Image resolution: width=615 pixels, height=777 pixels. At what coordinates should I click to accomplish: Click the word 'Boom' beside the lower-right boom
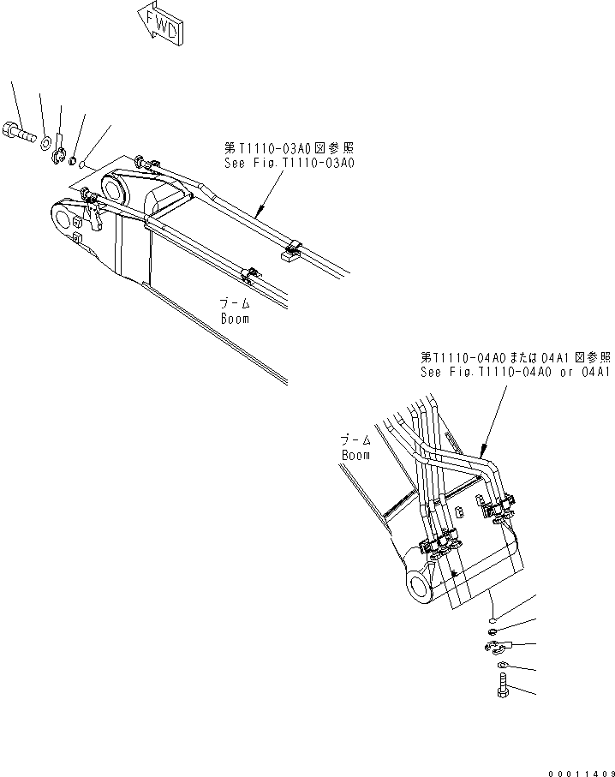(x=355, y=455)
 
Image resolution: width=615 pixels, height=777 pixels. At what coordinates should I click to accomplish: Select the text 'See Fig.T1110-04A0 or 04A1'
(x=514, y=373)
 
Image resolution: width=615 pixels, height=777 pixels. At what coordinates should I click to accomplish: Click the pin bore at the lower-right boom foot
(x=422, y=586)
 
